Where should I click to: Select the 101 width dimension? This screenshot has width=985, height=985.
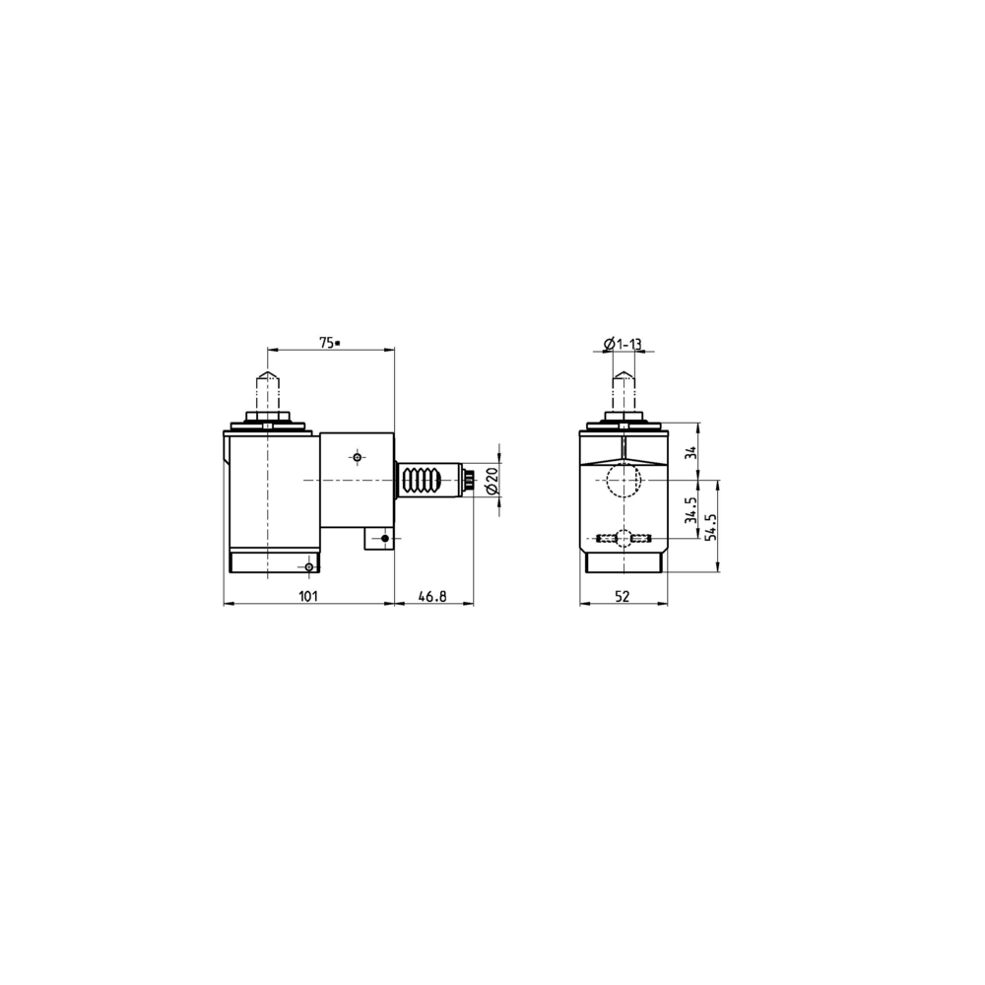point(307,596)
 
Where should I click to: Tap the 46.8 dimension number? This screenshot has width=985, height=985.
point(432,596)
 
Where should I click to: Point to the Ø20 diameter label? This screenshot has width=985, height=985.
point(492,480)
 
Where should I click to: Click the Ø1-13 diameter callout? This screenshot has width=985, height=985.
point(623,344)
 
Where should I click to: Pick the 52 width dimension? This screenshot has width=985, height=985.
point(622,596)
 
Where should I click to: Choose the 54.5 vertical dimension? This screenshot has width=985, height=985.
point(711,526)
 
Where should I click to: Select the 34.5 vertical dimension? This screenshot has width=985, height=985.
point(691,510)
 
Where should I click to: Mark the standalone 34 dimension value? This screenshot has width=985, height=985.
point(691,452)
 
